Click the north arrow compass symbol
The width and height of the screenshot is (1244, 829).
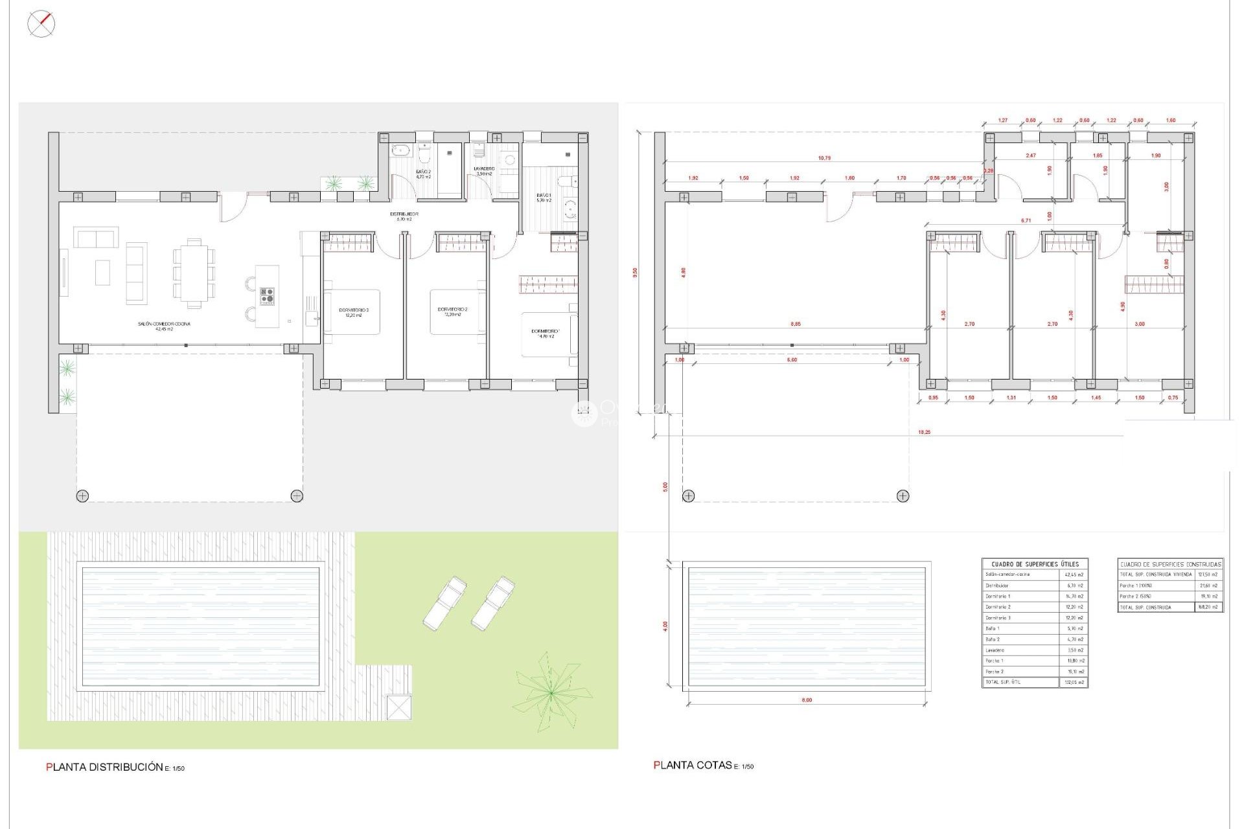tap(41, 24)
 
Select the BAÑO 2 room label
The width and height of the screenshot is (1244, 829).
tap(423, 174)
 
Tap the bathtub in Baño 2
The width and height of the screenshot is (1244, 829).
tap(400, 150)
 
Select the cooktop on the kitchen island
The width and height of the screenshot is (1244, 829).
tap(267, 296)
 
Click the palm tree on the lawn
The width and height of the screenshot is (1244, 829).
tap(551, 692)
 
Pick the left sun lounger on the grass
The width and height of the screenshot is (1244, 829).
tap(444, 603)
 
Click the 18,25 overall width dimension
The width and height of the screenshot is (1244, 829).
tap(924, 432)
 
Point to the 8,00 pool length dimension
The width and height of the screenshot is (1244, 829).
tap(807, 700)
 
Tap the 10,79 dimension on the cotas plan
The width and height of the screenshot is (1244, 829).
tap(824, 158)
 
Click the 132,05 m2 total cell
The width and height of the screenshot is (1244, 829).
tap(1074, 683)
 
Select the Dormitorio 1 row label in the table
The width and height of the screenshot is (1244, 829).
tap(998, 596)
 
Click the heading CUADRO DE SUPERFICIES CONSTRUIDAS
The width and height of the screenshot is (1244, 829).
tap(1170, 564)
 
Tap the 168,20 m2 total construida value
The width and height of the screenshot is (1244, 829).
tap(1208, 607)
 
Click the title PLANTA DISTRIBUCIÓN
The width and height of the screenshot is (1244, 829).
tap(105, 767)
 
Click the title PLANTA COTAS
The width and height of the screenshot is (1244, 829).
tap(693, 765)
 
